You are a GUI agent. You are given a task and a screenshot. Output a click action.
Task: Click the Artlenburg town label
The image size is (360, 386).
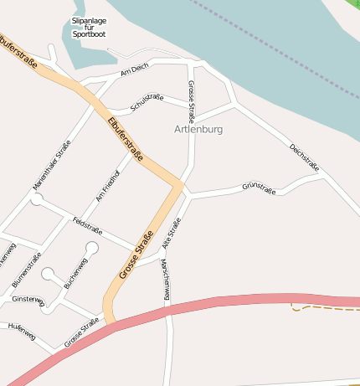pos(199,130)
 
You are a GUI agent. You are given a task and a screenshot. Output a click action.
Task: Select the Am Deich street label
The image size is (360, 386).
pos(134,71)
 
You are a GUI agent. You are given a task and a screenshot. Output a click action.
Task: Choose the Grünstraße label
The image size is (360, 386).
pos(259,187)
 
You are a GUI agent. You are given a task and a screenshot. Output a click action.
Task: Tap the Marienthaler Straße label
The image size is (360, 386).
pos(51,163)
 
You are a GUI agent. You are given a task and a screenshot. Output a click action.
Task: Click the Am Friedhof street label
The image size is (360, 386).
pos(108,185)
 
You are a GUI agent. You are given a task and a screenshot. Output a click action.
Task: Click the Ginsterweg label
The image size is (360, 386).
pos(27,299)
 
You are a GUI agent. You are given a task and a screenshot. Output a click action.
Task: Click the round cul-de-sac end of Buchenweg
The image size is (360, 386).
pos(91,248)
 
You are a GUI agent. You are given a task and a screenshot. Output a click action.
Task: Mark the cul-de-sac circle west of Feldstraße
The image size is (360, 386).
pos(37,199)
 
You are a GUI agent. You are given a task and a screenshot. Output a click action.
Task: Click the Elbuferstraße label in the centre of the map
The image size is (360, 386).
pos(126,139)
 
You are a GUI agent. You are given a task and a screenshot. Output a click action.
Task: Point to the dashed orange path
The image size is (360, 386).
pos(327,309)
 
